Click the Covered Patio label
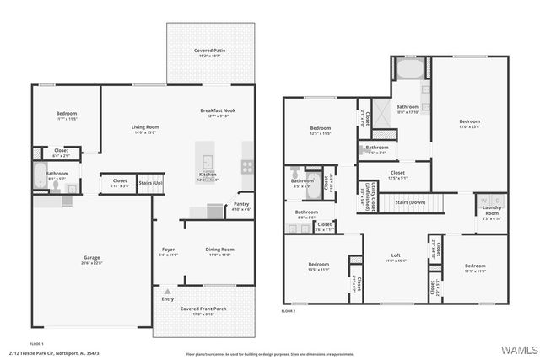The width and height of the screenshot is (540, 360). tap(209, 51)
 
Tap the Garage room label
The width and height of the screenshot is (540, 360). tap(91, 258)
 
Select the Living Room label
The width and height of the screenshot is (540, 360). tap(145, 128)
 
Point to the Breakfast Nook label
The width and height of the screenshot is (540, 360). tap(217, 112)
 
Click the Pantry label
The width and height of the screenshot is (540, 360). tap(241, 204)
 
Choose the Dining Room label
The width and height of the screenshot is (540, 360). tap(220, 250)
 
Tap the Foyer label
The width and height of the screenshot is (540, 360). tap(168, 250)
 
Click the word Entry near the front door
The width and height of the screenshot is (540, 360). tap(168, 298)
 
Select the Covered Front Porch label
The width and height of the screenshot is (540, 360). tap(203, 309)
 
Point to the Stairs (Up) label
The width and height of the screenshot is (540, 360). tap(150, 182)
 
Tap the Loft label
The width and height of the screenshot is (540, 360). tap(396, 255)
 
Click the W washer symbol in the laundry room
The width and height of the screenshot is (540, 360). tap(483, 201)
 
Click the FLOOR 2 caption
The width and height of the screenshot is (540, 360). tap(289, 312)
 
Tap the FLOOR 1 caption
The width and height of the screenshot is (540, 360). tap(36, 344)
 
